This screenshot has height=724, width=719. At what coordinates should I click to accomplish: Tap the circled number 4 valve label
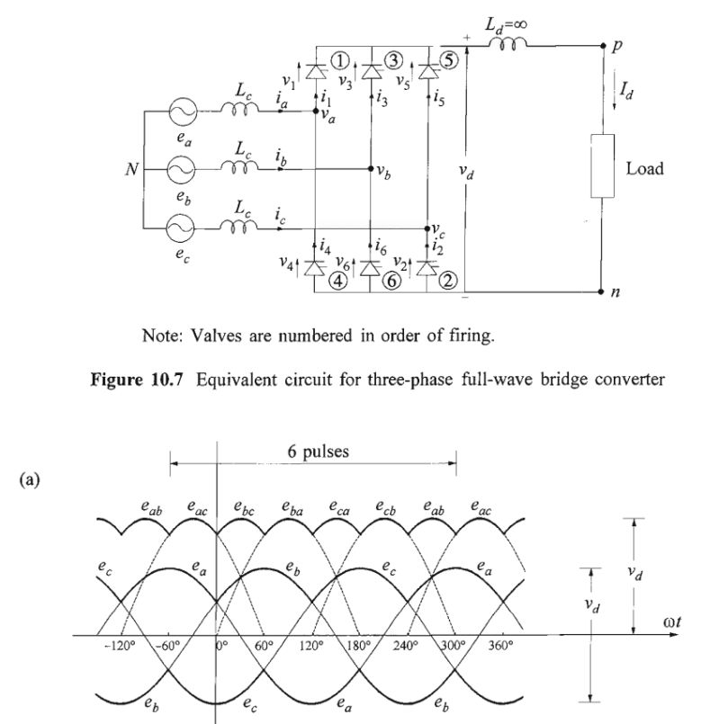(338, 280)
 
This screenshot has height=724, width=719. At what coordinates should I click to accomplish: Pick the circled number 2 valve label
(447, 280)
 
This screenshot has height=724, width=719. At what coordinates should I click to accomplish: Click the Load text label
(645, 168)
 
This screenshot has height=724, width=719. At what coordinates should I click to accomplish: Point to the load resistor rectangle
(601, 165)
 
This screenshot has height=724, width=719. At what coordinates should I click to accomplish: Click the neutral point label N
(130, 170)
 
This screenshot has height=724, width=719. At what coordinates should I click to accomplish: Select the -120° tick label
(119, 647)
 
